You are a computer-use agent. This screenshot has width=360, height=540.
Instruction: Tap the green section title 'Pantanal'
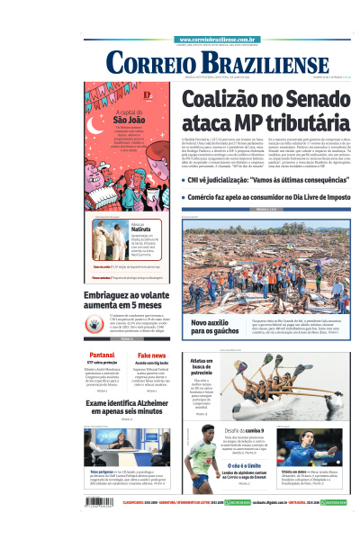pyautogui.click(x=102, y=356)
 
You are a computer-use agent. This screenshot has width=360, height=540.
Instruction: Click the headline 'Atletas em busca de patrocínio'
pyautogui.click(x=202, y=368)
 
